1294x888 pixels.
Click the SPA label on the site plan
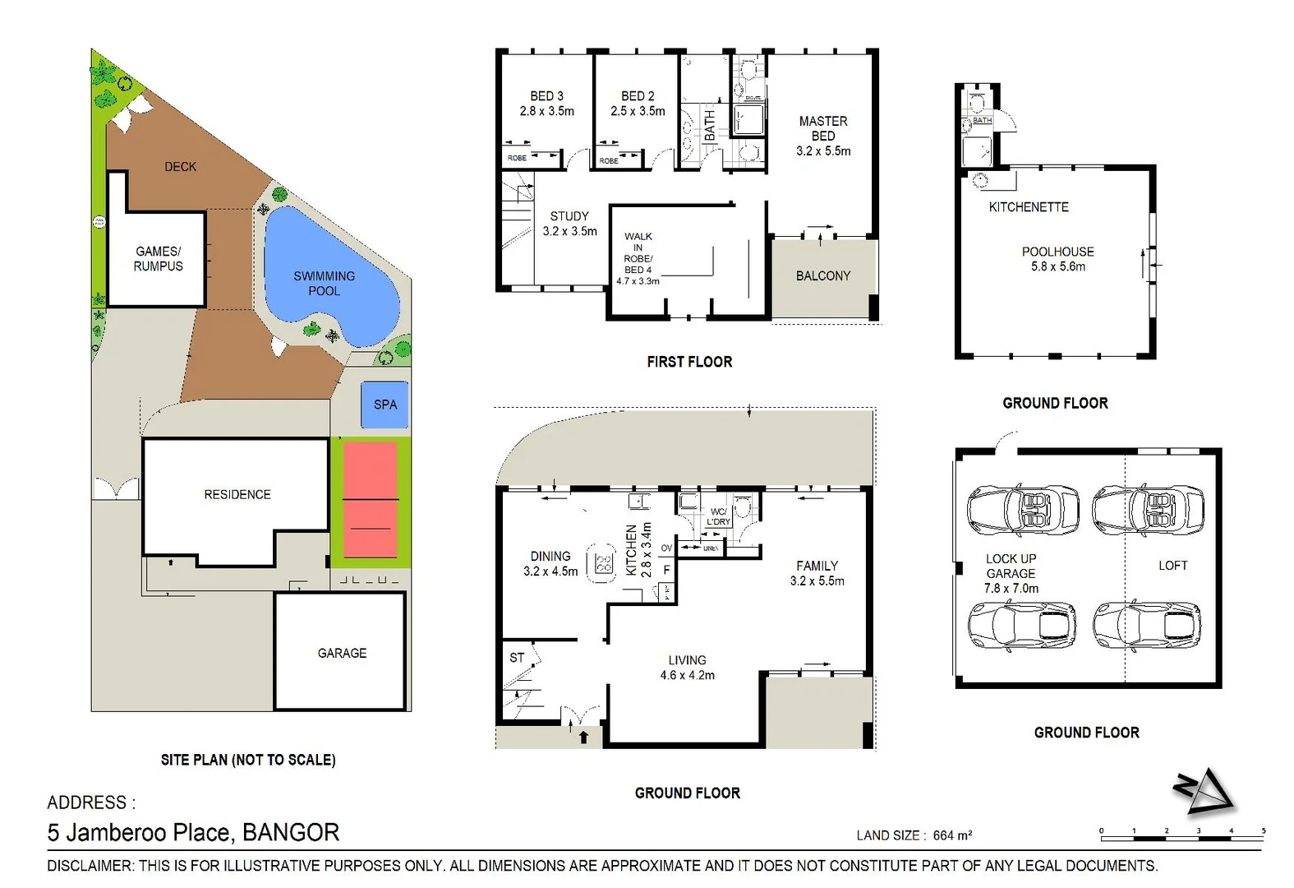pyautogui.click(x=385, y=405)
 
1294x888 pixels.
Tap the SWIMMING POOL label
pyautogui.click(x=325, y=284)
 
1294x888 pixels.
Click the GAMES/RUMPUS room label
pyautogui.click(x=159, y=259)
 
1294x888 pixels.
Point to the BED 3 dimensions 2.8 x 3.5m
pyautogui.click(x=546, y=111)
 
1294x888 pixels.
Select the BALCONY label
pyautogui.click(x=823, y=276)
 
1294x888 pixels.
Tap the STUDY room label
pyautogui.click(x=569, y=216)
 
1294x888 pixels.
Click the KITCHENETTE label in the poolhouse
pyautogui.click(x=1029, y=207)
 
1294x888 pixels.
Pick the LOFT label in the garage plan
pyautogui.click(x=1172, y=566)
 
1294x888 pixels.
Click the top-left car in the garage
pyautogui.click(x=1024, y=509)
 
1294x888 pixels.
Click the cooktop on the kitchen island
pyautogui.click(x=605, y=563)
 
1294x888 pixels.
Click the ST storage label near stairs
pyautogui.click(x=517, y=658)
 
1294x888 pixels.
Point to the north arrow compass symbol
pyautogui.click(x=1204, y=791)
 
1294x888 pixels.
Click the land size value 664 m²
pyautogui.click(x=952, y=835)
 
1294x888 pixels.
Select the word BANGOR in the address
pyautogui.click(x=291, y=833)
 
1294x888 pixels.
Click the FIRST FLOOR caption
pyautogui.click(x=689, y=362)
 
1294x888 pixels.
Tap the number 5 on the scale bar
pyautogui.click(x=1264, y=830)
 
